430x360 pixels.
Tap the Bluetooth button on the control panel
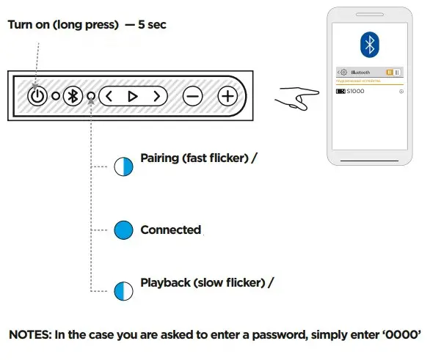[73, 96]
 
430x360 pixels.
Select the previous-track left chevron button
[109, 96]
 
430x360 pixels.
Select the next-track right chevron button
[156, 96]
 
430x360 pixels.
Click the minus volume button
[192, 96]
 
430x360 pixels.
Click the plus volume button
[228, 96]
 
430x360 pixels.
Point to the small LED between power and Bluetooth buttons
[55, 96]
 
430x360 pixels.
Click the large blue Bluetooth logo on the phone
[369, 45]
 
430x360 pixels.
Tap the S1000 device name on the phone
[356, 91]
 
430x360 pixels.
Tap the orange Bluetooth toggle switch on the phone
[393, 73]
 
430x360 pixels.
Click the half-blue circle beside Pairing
[123, 166]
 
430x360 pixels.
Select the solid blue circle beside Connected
[123, 229]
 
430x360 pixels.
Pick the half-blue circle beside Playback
[123, 290]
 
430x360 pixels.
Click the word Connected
[170, 229]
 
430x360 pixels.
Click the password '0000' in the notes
[401, 335]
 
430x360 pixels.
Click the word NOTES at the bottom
[29, 335]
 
